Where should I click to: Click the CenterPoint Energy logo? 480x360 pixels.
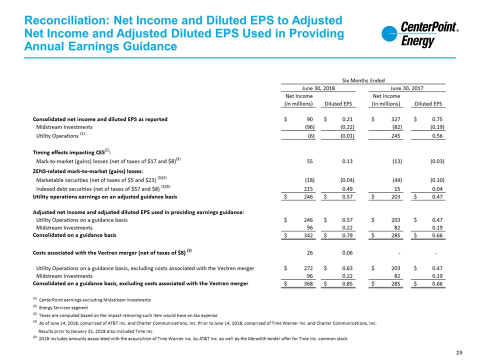(x=420, y=34)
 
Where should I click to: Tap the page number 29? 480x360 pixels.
(x=459, y=352)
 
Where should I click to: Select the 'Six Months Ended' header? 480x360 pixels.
(x=363, y=80)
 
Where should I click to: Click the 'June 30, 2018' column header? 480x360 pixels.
(x=318, y=88)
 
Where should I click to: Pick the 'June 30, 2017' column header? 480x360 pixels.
(x=407, y=88)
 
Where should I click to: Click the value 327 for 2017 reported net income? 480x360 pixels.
(x=395, y=119)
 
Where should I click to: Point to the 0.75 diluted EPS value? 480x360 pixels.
(x=437, y=119)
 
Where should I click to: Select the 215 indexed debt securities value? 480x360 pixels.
(x=308, y=189)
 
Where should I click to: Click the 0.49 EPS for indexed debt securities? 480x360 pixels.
(x=347, y=189)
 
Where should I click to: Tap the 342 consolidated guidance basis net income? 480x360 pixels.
(x=308, y=235)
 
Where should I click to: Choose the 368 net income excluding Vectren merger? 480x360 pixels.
(x=308, y=284)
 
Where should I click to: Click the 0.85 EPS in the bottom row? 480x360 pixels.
(x=347, y=284)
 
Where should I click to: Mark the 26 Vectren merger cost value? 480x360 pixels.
(x=310, y=253)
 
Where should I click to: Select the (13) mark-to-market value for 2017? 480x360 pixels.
(x=397, y=161)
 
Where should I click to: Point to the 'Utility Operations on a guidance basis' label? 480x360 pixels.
(x=81, y=220)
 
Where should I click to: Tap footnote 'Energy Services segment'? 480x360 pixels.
(x=63, y=307)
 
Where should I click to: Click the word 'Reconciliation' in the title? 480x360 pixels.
(x=67, y=20)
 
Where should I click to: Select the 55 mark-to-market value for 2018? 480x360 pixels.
(x=310, y=161)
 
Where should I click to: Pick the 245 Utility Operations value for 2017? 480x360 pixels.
(x=395, y=136)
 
